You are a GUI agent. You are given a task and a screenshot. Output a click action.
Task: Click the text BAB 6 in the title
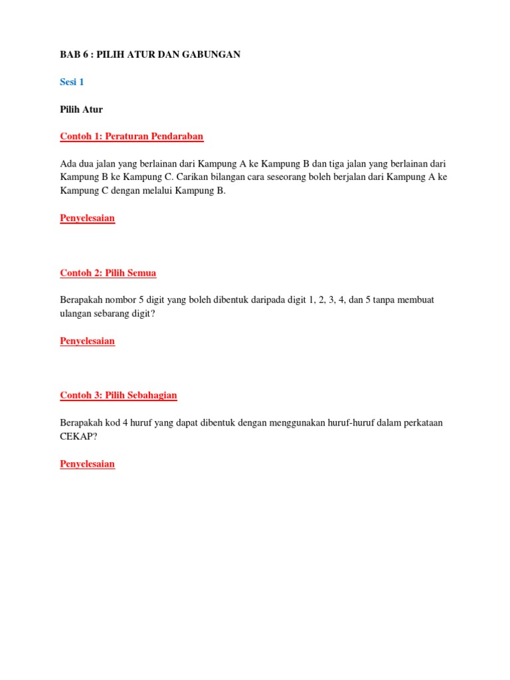point(74,54)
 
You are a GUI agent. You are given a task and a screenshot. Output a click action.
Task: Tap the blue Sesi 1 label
point(72,82)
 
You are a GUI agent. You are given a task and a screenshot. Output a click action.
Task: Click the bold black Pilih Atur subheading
point(82,110)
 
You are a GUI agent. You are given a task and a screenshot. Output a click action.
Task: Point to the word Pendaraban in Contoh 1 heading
point(179,137)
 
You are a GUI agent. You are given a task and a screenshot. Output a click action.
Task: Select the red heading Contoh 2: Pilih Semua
point(108,273)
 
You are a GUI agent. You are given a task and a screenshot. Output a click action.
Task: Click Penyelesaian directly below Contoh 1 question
point(88,218)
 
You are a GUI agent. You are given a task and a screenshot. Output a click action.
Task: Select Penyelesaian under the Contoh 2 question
point(88,341)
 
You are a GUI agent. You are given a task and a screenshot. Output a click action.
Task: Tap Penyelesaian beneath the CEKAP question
point(88,464)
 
